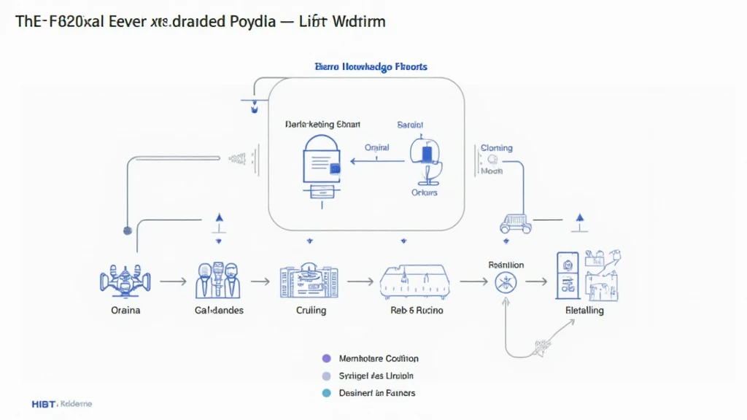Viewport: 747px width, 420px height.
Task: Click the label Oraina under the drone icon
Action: [125, 310]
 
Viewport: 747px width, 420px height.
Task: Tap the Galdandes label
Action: [219, 310]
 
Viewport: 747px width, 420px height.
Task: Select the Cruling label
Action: [311, 310]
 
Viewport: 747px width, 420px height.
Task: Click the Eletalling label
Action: [584, 310]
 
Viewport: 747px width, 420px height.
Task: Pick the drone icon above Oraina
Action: [125, 280]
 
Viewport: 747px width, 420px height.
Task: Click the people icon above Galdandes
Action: [218, 280]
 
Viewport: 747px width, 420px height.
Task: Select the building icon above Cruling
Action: [309, 281]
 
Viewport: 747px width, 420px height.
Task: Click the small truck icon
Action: [515, 222]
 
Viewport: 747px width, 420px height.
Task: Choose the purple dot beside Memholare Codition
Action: [326, 359]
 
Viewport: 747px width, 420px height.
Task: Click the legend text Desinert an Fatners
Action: [377, 393]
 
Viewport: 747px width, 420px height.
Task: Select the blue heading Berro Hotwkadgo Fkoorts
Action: [371, 67]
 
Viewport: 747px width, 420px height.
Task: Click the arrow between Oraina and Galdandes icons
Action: [173, 280]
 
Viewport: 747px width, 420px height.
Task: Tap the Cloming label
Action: [496, 148]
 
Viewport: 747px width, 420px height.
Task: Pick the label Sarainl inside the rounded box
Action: [410, 125]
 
